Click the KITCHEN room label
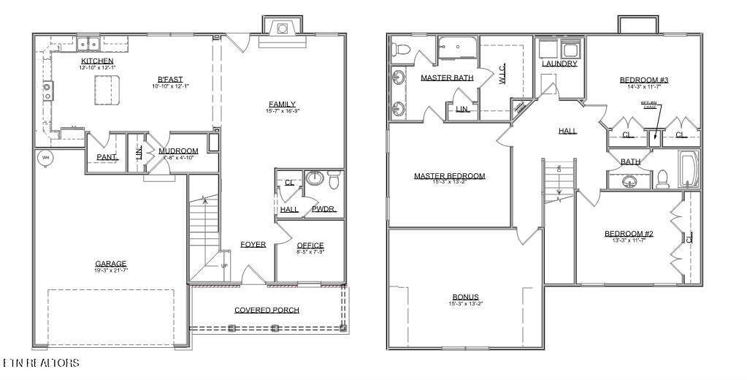(97, 61)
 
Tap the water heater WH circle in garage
(45, 157)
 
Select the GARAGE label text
(111, 264)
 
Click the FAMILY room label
(282, 104)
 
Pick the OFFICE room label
(310, 246)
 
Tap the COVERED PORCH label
(267, 310)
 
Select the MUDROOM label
(178, 151)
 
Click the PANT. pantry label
(107, 157)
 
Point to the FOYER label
(253, 244)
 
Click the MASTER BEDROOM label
(449, 176)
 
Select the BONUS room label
(465, 297)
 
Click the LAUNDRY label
(559, 64)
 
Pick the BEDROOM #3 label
(644, 80)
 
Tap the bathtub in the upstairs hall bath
(689, 170)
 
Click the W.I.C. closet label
(502, 73)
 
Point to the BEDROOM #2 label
(628, 234)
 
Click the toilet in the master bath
(400, 50)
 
